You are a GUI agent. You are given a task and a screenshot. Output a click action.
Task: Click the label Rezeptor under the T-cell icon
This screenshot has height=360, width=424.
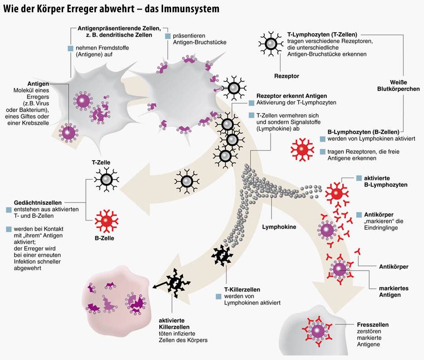[286, 76]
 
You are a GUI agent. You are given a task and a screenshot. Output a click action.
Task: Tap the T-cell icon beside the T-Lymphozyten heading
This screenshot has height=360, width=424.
[271, 44]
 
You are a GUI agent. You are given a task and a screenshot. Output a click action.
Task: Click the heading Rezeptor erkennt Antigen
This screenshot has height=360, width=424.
[284, 96]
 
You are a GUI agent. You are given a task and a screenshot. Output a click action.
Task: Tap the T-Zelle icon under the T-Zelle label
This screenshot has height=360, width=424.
[107, 179]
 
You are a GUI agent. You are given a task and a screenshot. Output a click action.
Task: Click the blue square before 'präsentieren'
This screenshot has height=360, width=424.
[168, 36]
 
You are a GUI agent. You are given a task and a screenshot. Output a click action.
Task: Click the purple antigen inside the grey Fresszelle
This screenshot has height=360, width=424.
[318, 331]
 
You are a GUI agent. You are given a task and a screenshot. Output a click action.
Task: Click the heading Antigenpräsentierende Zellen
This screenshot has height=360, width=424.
[116, 29]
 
